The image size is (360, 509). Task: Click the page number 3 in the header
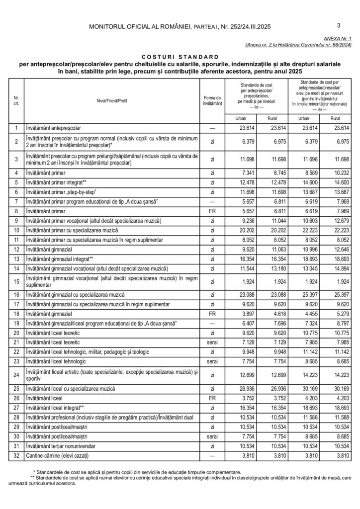click(338, 25)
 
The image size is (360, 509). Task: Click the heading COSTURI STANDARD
click(180, 57)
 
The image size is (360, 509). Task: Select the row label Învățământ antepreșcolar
click(57, 128)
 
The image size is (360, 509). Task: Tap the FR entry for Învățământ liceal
click(212, 398)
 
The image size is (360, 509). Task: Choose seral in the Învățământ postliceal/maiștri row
click(212, 437)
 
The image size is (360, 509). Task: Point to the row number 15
click(16, 282)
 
